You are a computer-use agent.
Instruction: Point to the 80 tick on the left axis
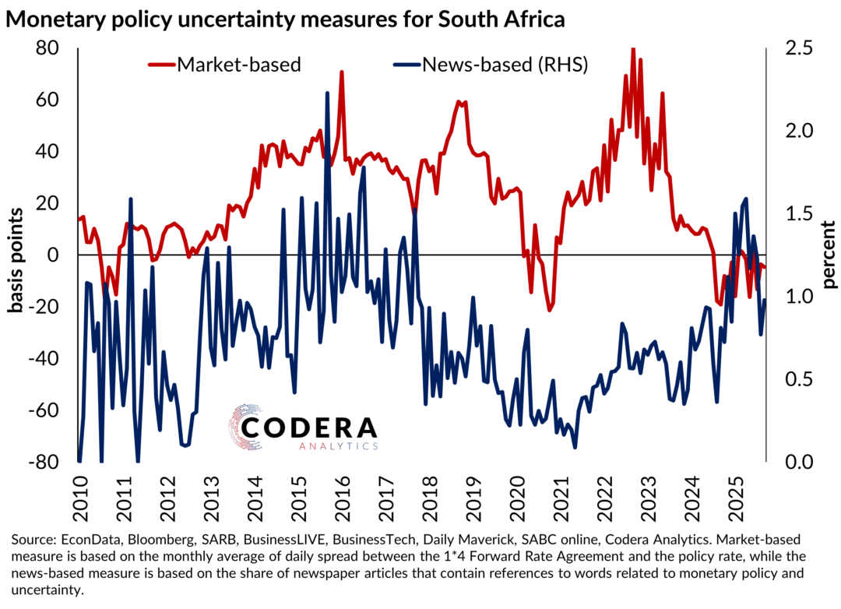(x=48, y=48)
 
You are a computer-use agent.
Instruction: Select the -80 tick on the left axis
(x=44, y=462)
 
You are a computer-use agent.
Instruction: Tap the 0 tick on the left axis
(x=54, y=255)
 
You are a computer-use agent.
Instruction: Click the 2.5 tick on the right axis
(x=792, y=48)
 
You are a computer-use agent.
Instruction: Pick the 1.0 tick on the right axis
(x=792, y=297)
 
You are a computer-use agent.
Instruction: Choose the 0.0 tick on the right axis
(x=792, y=462)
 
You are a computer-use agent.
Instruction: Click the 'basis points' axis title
(x=16, y=255)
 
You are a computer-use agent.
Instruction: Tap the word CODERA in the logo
(x=309, y=428)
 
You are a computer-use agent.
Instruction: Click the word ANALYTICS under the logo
(x=338, y=446)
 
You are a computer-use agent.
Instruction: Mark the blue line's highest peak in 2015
(x=327, y=93)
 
